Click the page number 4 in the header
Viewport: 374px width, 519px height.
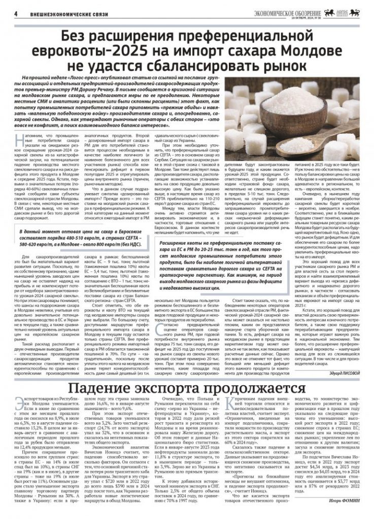(x=16, y=13)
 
